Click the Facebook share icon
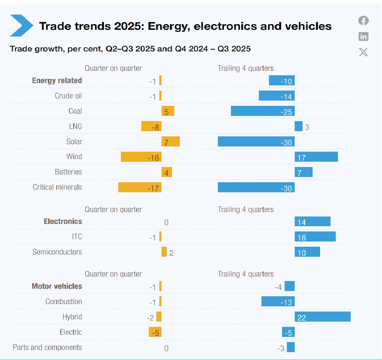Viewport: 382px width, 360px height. (x=363, y=21)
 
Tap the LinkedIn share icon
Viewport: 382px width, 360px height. (x=363, y=36)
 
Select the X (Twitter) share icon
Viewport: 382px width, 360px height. (x=363, y=52)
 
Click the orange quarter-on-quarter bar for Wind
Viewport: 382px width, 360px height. (x=141, y=157)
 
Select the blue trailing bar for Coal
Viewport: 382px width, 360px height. (x=263, y=111)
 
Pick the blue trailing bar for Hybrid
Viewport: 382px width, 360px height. (x=323, y=317)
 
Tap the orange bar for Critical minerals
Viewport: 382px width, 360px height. (x=140, y=187)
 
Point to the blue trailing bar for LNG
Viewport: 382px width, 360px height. (x=298, y=126)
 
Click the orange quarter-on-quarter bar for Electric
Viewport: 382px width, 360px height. (x=155, y=332)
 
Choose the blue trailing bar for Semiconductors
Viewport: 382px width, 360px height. (x=307, y=252)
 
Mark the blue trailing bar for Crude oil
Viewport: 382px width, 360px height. (x=277, y=96)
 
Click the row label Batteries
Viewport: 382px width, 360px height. (x=68, y=172)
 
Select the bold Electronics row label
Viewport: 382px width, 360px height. (x=63, y=222)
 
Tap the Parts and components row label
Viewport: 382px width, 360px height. (x=47, y=347)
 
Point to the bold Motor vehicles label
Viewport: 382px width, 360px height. (x=57, y=286)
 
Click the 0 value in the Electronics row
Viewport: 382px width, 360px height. (x=166, y=222)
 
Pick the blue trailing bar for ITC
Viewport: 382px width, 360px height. (x=315, y=237)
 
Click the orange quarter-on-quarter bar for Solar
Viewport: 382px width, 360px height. (x=170, y=142)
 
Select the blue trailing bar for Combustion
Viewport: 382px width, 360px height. (x=278, y=301)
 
